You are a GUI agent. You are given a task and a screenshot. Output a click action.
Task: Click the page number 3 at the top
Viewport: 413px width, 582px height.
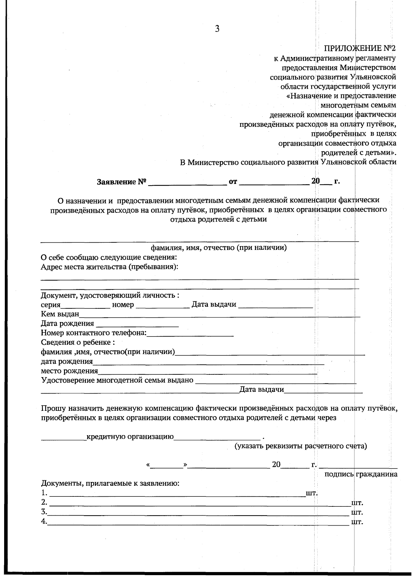[x=217, y=29]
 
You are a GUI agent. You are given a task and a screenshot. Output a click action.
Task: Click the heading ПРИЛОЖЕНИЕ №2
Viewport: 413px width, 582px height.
[x=360, y=48]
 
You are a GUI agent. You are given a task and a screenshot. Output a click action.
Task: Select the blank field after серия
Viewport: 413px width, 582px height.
[x=85, y=305]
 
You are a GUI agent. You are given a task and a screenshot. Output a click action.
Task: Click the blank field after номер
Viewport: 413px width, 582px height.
[x=162, y=305]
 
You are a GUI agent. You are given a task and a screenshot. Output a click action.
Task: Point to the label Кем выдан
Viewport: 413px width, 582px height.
[x=60, y=314]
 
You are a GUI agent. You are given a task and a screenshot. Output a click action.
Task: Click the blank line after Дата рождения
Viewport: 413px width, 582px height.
[x=137, y=324]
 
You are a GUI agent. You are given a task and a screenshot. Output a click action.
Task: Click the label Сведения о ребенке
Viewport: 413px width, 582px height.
[x=77, y=343]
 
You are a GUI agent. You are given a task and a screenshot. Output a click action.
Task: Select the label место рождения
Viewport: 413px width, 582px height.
[x=69, y=371]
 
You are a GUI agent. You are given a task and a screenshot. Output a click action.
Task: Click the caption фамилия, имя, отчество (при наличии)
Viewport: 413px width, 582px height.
[x=219, y=248]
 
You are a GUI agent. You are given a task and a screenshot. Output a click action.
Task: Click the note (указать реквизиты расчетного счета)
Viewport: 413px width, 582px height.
[x=300, y=446]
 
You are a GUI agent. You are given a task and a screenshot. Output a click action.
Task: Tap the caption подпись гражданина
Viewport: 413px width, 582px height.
[x=361, y=474]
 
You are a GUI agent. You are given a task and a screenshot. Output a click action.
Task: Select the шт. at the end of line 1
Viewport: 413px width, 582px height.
[x=311, y=493]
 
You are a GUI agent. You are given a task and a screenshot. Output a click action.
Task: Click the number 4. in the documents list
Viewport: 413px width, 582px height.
[x=44, y=521]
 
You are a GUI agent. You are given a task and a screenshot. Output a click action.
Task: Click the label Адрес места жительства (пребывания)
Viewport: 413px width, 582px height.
[x=109, y=267]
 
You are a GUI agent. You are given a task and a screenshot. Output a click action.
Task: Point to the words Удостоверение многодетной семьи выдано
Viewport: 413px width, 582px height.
[x=117, y=381]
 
